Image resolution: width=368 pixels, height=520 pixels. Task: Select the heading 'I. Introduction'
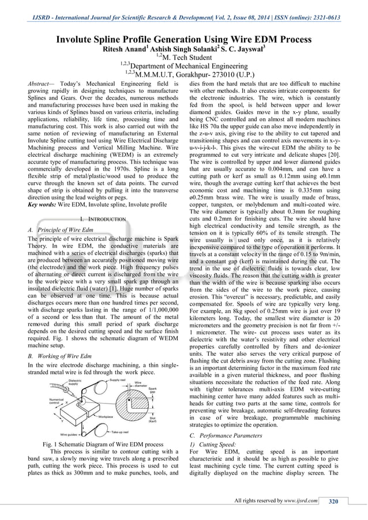pos(103,220)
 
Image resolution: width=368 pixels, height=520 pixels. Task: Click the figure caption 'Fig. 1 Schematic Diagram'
pos(102,444)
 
